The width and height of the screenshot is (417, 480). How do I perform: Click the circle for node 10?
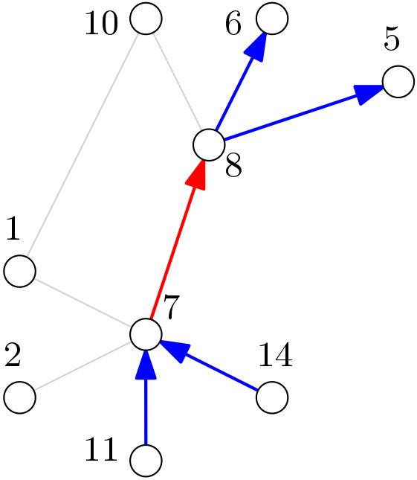(146, 19)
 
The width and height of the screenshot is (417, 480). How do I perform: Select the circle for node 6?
(272, 19)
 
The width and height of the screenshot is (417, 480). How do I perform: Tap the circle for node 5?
(398, 81)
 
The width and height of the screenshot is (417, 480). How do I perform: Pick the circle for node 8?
(209, 144)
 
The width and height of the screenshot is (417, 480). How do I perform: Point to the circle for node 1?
(19, 271)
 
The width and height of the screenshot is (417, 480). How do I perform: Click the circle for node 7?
(146, 334)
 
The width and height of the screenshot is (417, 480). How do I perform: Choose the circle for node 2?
(19, 397)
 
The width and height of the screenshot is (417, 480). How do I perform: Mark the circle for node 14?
(272, 397)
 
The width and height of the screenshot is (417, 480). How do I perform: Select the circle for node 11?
(146, 461)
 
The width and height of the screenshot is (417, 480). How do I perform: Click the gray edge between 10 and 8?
(177, 82)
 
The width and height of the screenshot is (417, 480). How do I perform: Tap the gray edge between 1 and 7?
(83, 302)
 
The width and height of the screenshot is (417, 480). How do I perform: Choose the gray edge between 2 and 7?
(83, 366)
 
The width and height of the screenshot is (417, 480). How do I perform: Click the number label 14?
(275, 356)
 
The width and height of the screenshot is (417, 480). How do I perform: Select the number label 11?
(101, 450)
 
